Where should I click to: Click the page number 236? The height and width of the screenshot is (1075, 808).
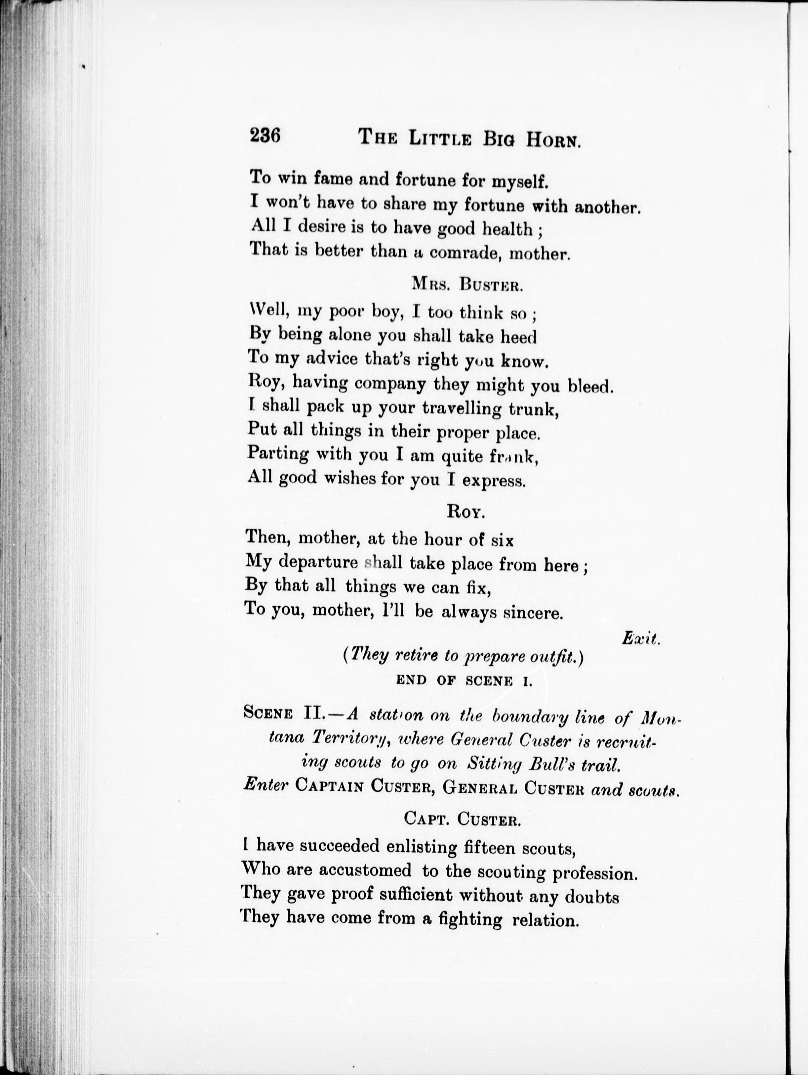click(265, 136)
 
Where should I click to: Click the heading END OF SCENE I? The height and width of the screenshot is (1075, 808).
click(464, 681)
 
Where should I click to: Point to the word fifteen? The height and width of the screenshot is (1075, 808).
click(488, 848)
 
